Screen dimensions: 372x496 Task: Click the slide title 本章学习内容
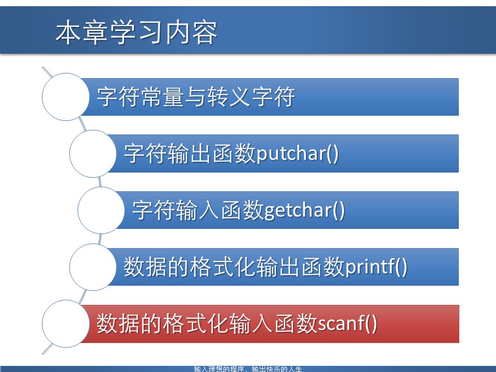tap(136, 33)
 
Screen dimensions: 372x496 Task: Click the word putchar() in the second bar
tap(298, 154)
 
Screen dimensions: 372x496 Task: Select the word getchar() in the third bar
tap(304, 211)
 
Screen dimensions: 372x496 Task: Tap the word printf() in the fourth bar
tap(376, 267)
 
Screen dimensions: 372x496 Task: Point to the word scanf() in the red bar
tap(347, 324)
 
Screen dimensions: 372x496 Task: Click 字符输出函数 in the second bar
tap(190, 154)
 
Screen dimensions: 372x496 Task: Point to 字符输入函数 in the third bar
tap(198, 211)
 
